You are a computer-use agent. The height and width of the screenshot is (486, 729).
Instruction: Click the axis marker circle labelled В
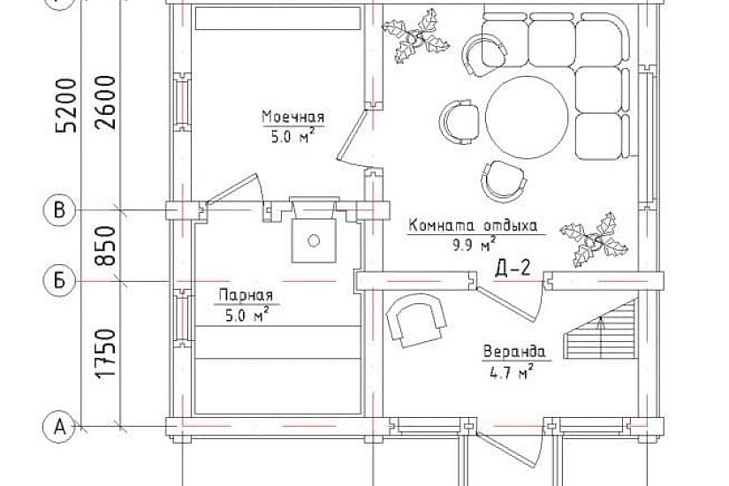click(59, 210)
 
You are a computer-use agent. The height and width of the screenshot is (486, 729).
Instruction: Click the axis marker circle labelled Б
click(59, 281)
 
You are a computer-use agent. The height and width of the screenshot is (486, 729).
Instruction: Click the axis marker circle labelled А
click(59, 426)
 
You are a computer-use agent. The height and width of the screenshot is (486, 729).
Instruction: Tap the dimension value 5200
click(66, 106)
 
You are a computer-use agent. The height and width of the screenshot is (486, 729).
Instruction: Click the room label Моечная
click(292, 117)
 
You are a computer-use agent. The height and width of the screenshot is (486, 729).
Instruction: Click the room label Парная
click(246, 295)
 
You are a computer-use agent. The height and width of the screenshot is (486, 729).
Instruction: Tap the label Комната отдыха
click(473, 225)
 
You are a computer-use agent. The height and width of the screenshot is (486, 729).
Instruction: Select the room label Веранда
click(514, 352)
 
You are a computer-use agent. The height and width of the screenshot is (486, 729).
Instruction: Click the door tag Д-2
click(513, 269)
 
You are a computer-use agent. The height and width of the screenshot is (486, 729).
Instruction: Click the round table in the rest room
click(528, 118)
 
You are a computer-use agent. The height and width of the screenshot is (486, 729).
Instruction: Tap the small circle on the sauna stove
click(314, 240)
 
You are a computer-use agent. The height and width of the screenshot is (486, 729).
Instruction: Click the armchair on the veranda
click(415, 320)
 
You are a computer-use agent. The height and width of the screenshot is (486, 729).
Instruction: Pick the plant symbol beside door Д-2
click(594, 240)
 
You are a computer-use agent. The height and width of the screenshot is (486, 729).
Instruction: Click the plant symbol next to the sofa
click(415, 35)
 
